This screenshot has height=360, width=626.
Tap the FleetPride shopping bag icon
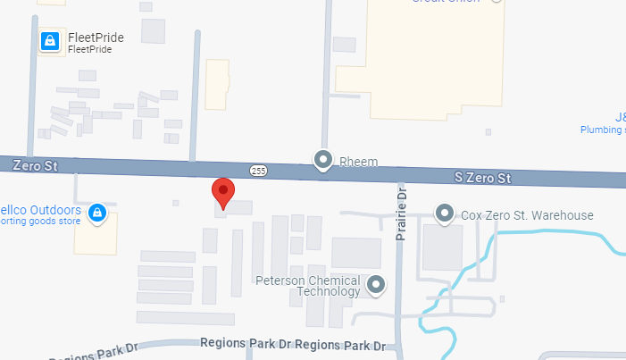pyautogui.click(x=51, y=40)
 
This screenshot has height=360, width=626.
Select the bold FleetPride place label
pyautogui.click(x=96, y=38)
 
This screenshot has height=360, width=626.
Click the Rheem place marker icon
pyautogui.click(x=323, y=161)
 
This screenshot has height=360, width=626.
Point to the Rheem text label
pyautogui.click(x=359, y=162)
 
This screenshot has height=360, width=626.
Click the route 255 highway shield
pyautogui.click(x=258, y=170)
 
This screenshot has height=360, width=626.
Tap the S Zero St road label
pyautogui.click(x=482, y=178)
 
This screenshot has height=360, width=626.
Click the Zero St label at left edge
pyautogui.click(x=35, y=164)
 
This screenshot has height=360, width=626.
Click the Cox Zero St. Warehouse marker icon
pyautogui.click(x=444, y=214)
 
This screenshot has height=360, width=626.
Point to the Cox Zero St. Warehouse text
pyautogui.click(x=527, y=215)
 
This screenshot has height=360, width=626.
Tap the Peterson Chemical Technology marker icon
pyautogui.click(x=377, y=286)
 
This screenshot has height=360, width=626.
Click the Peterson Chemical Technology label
pyautogui.click(x=308, y=286)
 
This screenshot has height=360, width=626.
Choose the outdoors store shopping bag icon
pyautogui.click(x=98, y=213)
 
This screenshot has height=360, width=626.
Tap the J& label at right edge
pyautogui.click(x=620, y=117)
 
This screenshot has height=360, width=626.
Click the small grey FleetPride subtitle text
pyautogui.click(x=88, y=50)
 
